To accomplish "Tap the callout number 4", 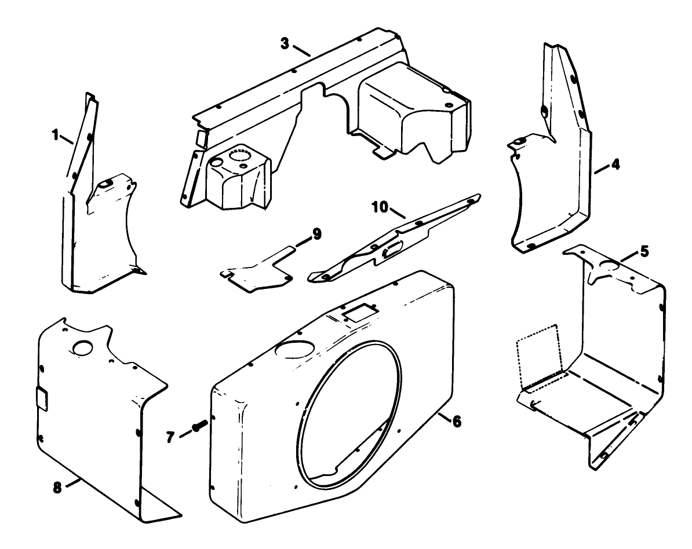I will coord(615,165).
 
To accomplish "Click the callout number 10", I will coord(380,207).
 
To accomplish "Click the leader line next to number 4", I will coord(600,170).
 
